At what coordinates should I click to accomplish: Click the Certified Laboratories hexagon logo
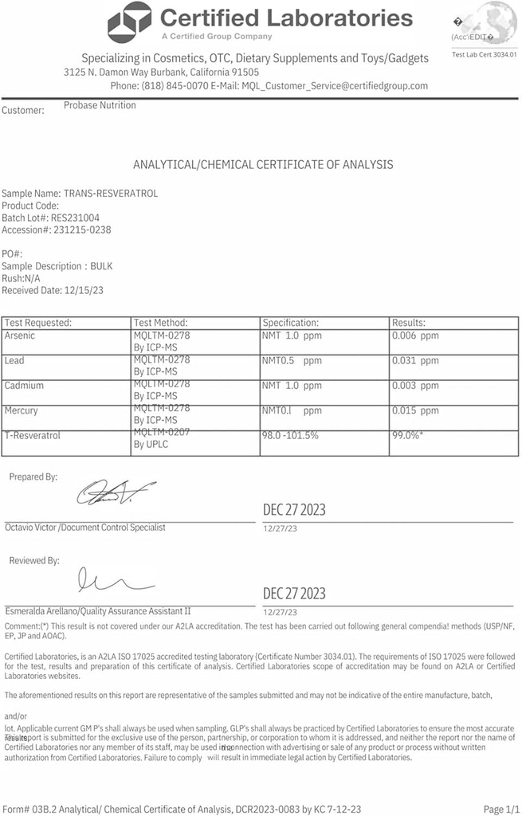click(x=129, y=22)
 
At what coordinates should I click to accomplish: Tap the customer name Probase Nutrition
click(x=100, y=105)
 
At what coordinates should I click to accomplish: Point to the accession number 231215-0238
click(x=84, y=229)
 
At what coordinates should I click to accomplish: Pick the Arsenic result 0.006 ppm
click(x=415, y=336)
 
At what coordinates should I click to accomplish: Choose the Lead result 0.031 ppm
click(x=415, y=361)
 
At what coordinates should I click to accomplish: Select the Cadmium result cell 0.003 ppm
click(x=415, y=386)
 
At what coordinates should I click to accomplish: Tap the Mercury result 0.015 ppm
click(x=415, y=411)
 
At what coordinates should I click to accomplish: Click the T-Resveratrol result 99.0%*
click(x=411, y=436)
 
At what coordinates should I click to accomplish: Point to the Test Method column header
click(x=161, y=323)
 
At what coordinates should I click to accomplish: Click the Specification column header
click(x=291, y=323)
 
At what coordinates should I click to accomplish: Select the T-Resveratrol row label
click(x=33, y=436)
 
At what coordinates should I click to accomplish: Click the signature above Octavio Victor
click(x=116, y=494)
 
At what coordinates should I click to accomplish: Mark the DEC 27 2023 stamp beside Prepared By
click(x=294, y=510)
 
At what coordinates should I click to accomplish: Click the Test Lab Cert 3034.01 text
click(x=484, y=54)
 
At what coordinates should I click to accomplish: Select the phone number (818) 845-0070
click(x=176, y=86)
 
